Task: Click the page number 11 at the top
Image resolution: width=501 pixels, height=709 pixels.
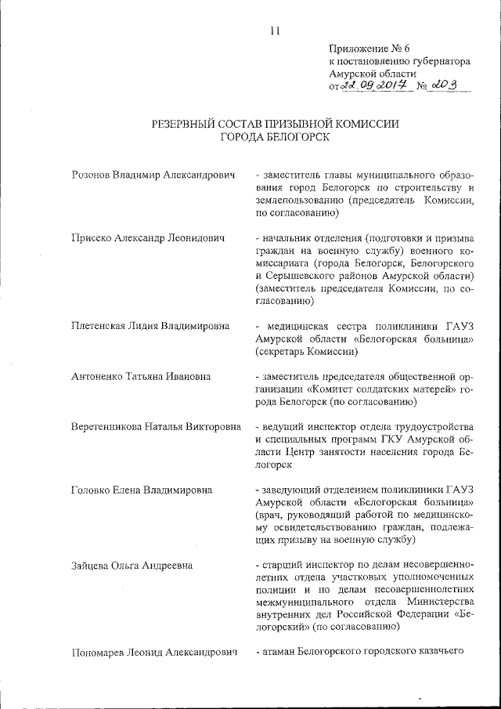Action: click(274, 31)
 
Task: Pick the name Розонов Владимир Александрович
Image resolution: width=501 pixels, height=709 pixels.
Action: click(153, 175)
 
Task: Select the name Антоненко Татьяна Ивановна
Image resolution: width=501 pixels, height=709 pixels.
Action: click(141, 376)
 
